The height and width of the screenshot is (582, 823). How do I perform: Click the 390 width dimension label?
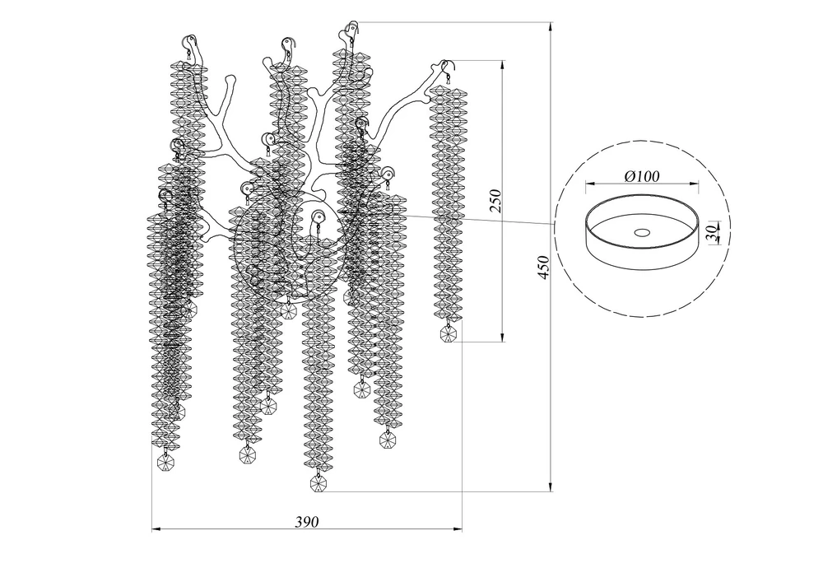[306, 522]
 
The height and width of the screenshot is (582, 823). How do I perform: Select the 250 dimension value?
[496, 201]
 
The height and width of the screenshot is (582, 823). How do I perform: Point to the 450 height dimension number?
[544, 267]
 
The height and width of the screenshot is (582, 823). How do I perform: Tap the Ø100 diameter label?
[642, 176]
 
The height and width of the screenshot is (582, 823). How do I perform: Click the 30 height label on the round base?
[711, 231]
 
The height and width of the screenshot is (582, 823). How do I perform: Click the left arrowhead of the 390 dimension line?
[157, 529]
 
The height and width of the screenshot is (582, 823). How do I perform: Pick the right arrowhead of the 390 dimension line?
[457, 529]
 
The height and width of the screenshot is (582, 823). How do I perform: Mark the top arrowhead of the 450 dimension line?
[551, 27]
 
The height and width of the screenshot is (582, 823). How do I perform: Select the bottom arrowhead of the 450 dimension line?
[551, 487]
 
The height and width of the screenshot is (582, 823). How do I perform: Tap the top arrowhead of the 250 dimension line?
[503, 66]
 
